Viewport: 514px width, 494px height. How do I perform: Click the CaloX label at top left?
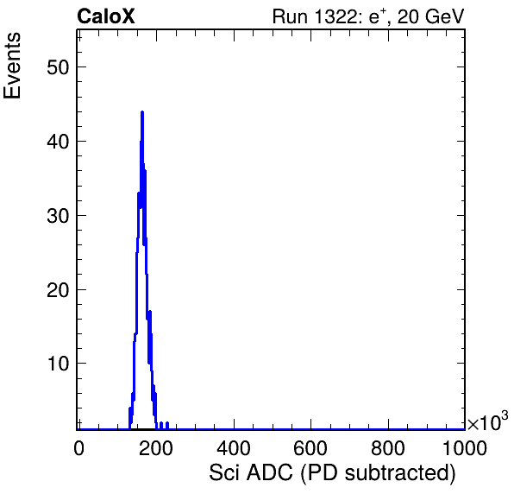click(106, 16)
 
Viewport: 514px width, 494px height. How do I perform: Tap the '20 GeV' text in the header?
click(430, 16)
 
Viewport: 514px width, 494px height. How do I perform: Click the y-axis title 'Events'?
click(12, 66)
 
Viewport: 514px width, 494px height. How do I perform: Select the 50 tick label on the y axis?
click(58, 68)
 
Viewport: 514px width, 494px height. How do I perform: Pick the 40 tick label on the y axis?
click(58, 142)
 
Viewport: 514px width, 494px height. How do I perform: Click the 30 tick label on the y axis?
click(58, 216)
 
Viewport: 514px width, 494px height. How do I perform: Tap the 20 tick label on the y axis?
click(58, 290)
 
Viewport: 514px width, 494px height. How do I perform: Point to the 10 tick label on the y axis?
click(58, 364)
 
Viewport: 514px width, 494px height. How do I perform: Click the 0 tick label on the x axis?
click(78, 448)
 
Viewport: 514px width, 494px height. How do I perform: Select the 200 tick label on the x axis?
click(156, 448)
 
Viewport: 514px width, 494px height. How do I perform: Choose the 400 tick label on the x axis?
click(234, 448)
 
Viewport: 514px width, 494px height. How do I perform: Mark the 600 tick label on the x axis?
click(310, 448)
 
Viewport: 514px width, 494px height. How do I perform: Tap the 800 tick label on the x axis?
click(388, 448)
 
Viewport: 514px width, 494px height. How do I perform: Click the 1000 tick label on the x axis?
click(465, 448)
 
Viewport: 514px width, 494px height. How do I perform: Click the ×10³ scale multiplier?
click(488, 421)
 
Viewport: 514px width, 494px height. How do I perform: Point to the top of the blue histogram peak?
click(142, 112)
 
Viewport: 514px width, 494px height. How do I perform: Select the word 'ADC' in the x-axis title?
click(270, 473)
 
